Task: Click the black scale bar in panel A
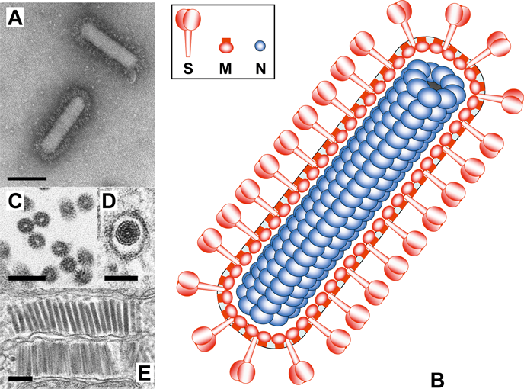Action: [x=29, y=179]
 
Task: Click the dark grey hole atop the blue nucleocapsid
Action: [x=433, y=86]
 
